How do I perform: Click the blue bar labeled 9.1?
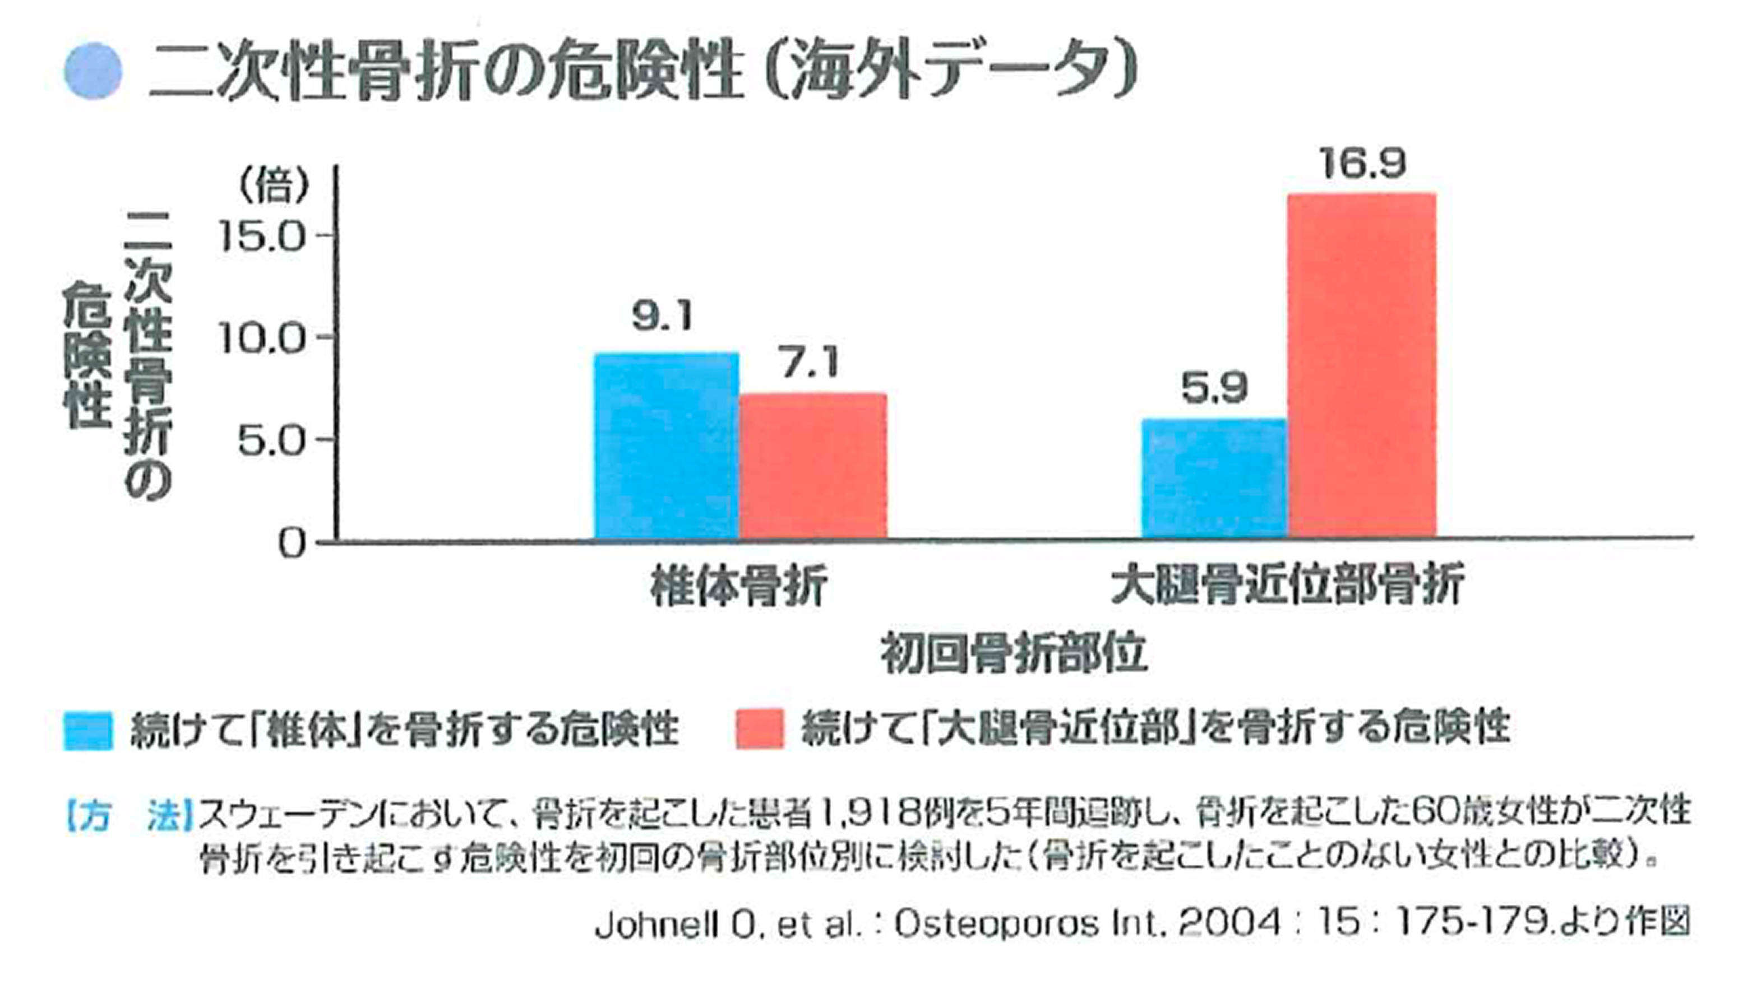[666, 446]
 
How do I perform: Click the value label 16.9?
[1363, 164]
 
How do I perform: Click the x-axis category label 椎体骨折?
[738, 587]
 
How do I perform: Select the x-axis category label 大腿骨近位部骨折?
[1287, 585]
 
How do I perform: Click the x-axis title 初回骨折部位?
[1014, 653]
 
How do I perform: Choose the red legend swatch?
[760, 729]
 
